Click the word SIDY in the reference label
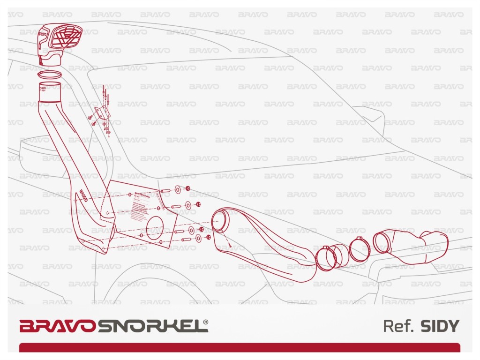(x=440, y=326)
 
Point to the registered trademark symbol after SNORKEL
(x=206, y=322)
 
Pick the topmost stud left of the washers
(x=165, y=191)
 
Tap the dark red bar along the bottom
(x=239, y=347)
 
